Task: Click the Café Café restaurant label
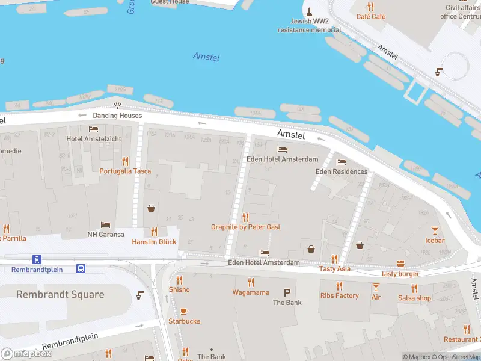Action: coord(370,17)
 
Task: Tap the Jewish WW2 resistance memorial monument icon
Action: coord(309,12)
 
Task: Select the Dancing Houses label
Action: coord(117,116)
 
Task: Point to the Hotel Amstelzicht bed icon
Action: coord(93,129)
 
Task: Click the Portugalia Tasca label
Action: coord(125,171)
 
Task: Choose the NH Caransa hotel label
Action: coord(105,235)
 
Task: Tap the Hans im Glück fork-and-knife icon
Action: coord(154,231)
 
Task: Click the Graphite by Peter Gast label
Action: coord(245,227)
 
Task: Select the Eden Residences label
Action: coord(342,171)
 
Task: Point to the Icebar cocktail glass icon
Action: coord(435,230)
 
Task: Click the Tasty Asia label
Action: coord(335,269)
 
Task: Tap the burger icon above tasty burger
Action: coord(401,264)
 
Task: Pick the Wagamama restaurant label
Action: coord(251,292)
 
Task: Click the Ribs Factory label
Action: coord(339,296)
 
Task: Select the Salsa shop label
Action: coord(414,298)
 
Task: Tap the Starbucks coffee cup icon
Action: coord(184,311)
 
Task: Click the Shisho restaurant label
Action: coord(179,289)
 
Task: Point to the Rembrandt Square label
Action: coord(60,295)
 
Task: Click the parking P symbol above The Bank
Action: coord(287,292)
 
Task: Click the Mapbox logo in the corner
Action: coord(26,354)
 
